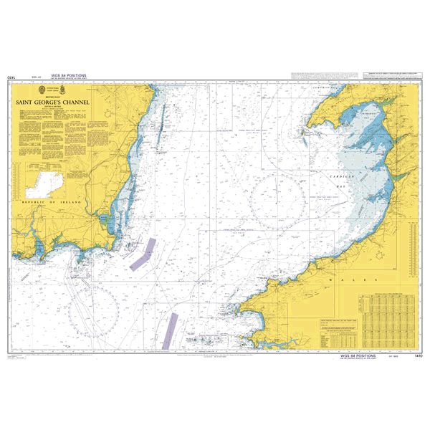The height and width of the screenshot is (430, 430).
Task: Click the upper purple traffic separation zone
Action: (x=143, y=253)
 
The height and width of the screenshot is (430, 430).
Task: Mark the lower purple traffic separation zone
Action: (x=169, y=330)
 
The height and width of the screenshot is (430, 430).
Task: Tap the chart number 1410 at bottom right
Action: (x=418, y=356)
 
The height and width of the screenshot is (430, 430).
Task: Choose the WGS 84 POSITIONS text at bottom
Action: (x=358, y=356)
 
